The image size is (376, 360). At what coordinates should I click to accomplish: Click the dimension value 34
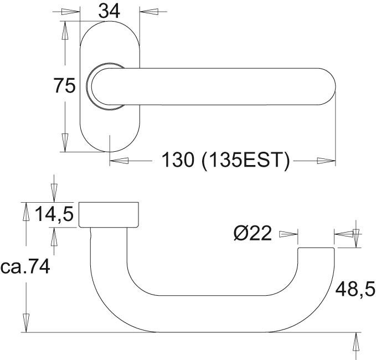click(109, 12)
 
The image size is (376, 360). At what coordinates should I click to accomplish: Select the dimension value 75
click(64, 86)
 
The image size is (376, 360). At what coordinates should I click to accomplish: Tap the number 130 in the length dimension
click(177, 160)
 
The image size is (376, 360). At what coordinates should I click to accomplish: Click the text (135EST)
click(246, 160)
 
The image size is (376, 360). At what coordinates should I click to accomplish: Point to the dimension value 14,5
click(54, 214)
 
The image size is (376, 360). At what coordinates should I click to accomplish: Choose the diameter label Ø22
click(253, 233)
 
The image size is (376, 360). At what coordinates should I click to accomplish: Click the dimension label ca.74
click(25, 266)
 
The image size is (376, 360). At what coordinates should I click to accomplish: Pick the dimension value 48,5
click(355, 290)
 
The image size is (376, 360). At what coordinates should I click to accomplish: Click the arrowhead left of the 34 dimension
click(70, 12)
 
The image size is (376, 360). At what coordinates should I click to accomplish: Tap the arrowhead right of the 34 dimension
click(149, 12)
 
